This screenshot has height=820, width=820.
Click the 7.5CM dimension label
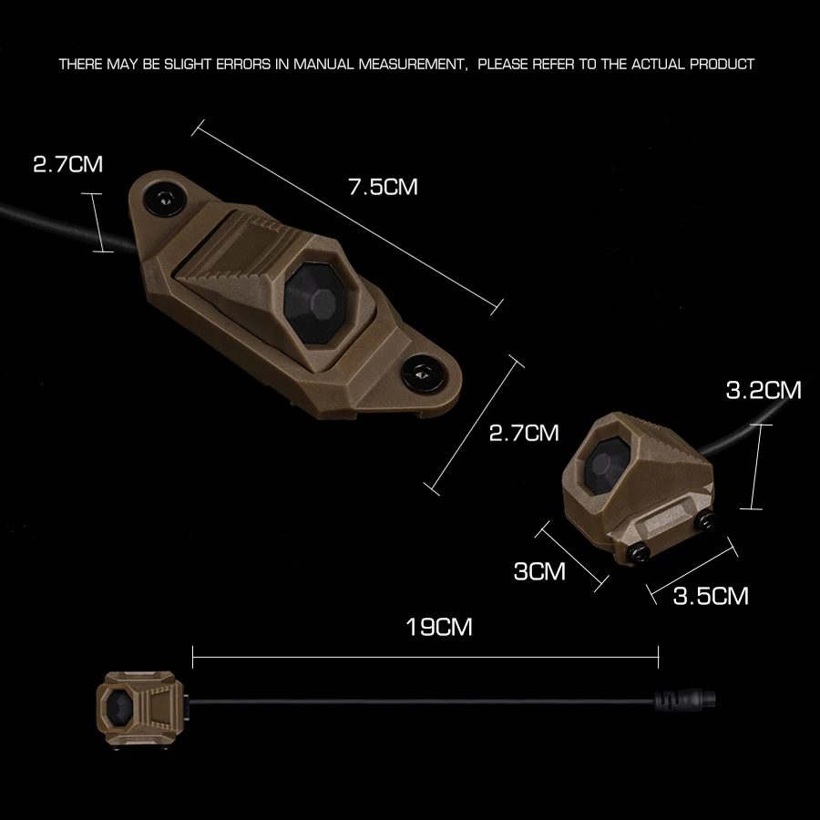pyautogui.click(x=384, y=187)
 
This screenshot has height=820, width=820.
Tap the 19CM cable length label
pyautogui.click(x=439, y=627)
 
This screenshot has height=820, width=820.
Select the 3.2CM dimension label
pyautogui.click(x=764, y=390)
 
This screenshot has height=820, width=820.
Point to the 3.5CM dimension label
pyautogui.click(x=711, y=596)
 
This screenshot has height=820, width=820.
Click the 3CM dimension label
pyautogui.click(x=539, y=571)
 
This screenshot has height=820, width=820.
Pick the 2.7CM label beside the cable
pyautogui.click(x=68, y=164)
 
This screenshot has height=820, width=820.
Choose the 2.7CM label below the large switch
pyautogui.click(x=524, y=433)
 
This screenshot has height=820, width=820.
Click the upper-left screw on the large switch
pyautogui.click(x=166, y=199)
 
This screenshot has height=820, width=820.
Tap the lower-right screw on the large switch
pyautogui.click(x=423, y=374)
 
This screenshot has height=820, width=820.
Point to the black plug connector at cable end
pyautogui.click(x=685, y=699)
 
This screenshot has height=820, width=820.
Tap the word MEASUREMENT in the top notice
pyautogui.click(x=411, y=65)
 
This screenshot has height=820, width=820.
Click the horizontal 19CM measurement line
pyautogui.click(x=425, y=657)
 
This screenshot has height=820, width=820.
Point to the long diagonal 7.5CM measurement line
pyautogui.click(x=347, y=218)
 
